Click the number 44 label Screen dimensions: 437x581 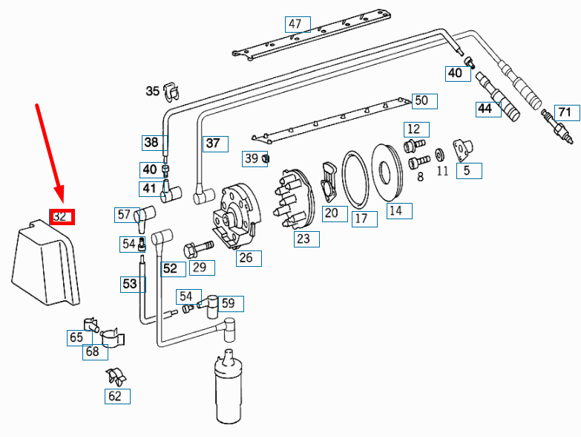(x=485, y=109)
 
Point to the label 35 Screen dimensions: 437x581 (x=153, y=91)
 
